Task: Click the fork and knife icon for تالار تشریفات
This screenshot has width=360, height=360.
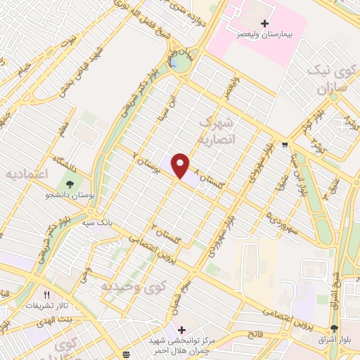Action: click(x=47, y=295)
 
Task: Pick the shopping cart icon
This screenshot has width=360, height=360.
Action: click(x=283, y=146)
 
